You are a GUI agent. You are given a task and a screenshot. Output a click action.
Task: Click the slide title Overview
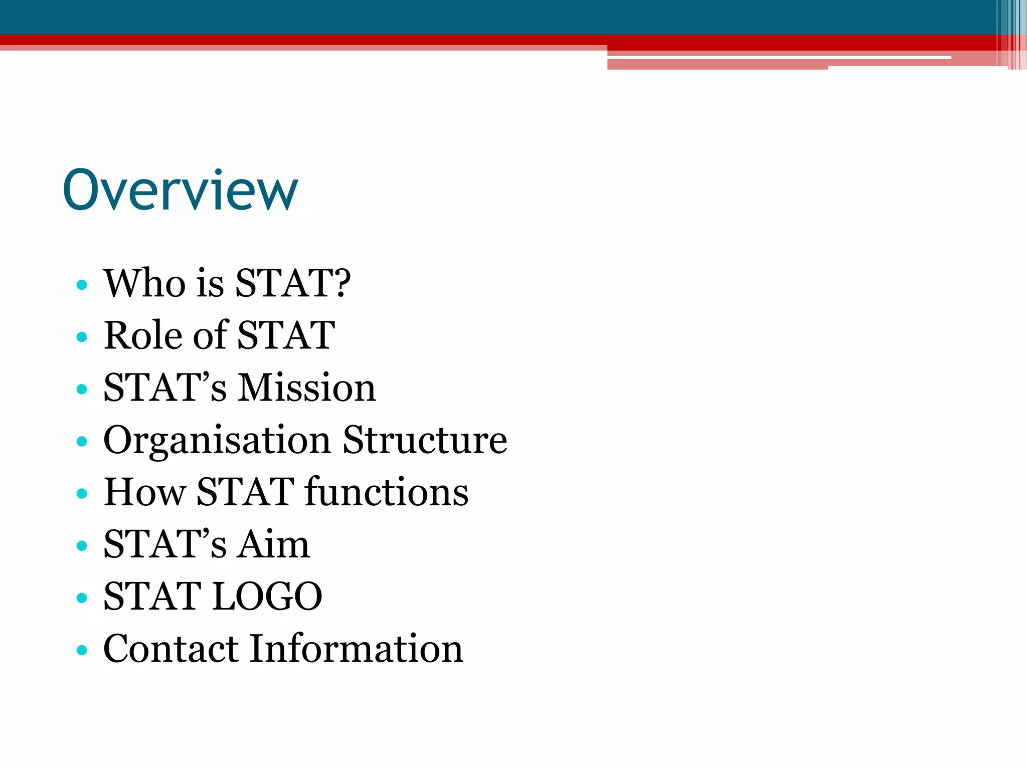(x=181, y=190)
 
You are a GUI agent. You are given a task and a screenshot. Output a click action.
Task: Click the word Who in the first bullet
(x=144, y=283)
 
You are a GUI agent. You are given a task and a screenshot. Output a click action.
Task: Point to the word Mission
(x=306, y=388)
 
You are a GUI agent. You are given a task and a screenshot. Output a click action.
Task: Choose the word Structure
(x=425, y=440)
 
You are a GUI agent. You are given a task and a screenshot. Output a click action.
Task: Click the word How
(x=144, y=492)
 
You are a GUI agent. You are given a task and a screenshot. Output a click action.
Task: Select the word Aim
(x=273, y=544)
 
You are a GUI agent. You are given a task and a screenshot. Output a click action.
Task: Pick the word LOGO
(x=267, y=597)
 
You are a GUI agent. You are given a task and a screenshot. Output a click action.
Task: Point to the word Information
(x=357, y=649)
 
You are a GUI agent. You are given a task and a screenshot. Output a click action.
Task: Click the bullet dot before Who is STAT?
(x=82, y=285)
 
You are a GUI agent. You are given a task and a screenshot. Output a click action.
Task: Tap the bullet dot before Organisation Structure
(x=82, y=442)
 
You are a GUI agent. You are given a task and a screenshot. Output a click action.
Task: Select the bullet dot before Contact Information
(x=82, y=650)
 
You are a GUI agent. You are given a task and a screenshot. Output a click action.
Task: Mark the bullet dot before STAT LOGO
(x=82, y=598)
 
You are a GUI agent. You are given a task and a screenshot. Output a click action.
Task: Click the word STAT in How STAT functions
(x=245, y=492)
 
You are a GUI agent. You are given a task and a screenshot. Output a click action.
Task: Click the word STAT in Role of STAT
(x=286, y=335)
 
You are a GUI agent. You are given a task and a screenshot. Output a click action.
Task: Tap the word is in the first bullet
(x=210, y=283)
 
